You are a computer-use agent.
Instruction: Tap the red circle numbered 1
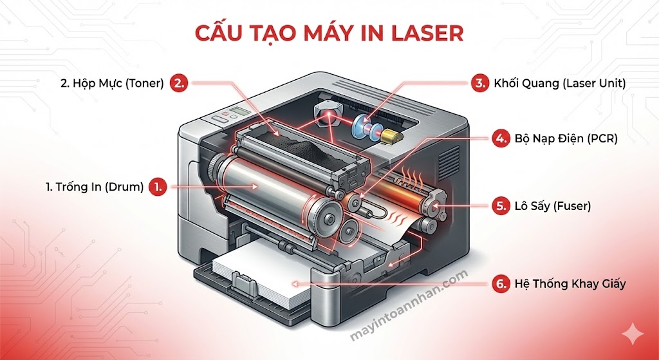click(x=158, y=187)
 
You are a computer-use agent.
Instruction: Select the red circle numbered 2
click(x=180, y=82)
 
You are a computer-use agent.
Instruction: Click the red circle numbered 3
click(x=478, y=82)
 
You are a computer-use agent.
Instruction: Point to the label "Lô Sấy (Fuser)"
click(x=553, y=207)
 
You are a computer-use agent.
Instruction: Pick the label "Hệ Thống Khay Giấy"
click(x=570, y=283)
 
